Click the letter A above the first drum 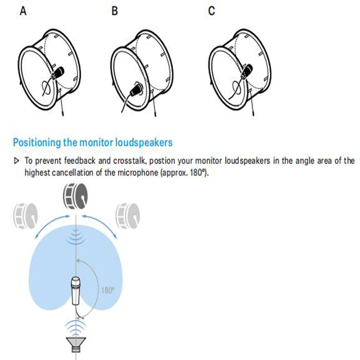coord(23,11)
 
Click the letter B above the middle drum coord(114,11)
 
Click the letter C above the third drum coord(211,11)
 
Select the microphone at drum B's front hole coord(137,89)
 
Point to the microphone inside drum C coord(248,71)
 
